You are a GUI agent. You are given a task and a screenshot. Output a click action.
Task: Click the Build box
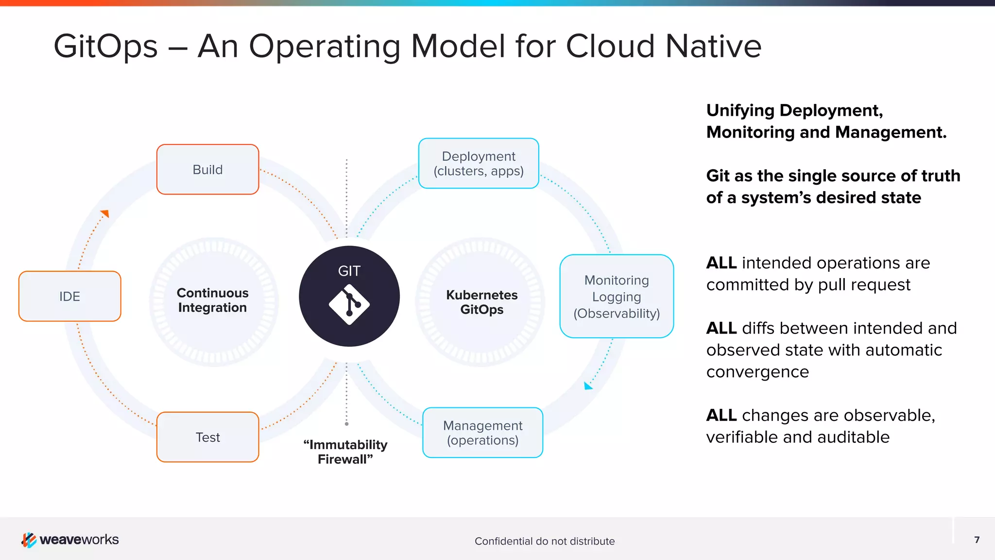[207, 170]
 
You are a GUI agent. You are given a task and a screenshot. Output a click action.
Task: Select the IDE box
[69, 296]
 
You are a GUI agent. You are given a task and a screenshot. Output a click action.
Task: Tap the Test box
[207, 437]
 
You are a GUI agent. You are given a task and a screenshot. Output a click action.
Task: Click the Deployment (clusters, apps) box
[479, 163]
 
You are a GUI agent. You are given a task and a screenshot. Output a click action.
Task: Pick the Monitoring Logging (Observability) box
[617, 296]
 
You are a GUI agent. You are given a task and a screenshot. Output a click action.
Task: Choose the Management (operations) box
[482, 433]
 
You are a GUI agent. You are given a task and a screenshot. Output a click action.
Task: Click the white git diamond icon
[349, 305]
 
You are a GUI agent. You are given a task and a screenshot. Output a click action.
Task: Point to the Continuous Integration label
[212, 300]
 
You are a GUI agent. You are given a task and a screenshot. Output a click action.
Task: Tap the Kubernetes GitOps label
[481, 302]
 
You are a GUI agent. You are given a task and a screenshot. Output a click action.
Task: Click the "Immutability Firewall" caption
[345, 452]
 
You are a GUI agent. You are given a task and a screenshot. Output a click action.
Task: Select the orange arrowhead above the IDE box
[105, 213]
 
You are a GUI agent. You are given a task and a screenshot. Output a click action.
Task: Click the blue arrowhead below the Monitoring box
[588, 386]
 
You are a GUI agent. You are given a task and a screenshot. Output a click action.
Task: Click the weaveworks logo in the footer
[70, 540]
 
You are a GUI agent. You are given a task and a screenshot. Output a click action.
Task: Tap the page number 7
[977, 540]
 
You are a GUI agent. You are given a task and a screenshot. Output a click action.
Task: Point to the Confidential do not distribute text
[544, 541]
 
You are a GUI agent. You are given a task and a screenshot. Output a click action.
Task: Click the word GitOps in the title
[105, 47]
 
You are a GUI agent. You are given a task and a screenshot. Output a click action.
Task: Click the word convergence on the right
[757, 372]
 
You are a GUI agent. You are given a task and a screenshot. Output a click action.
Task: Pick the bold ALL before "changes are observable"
[721, 416]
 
